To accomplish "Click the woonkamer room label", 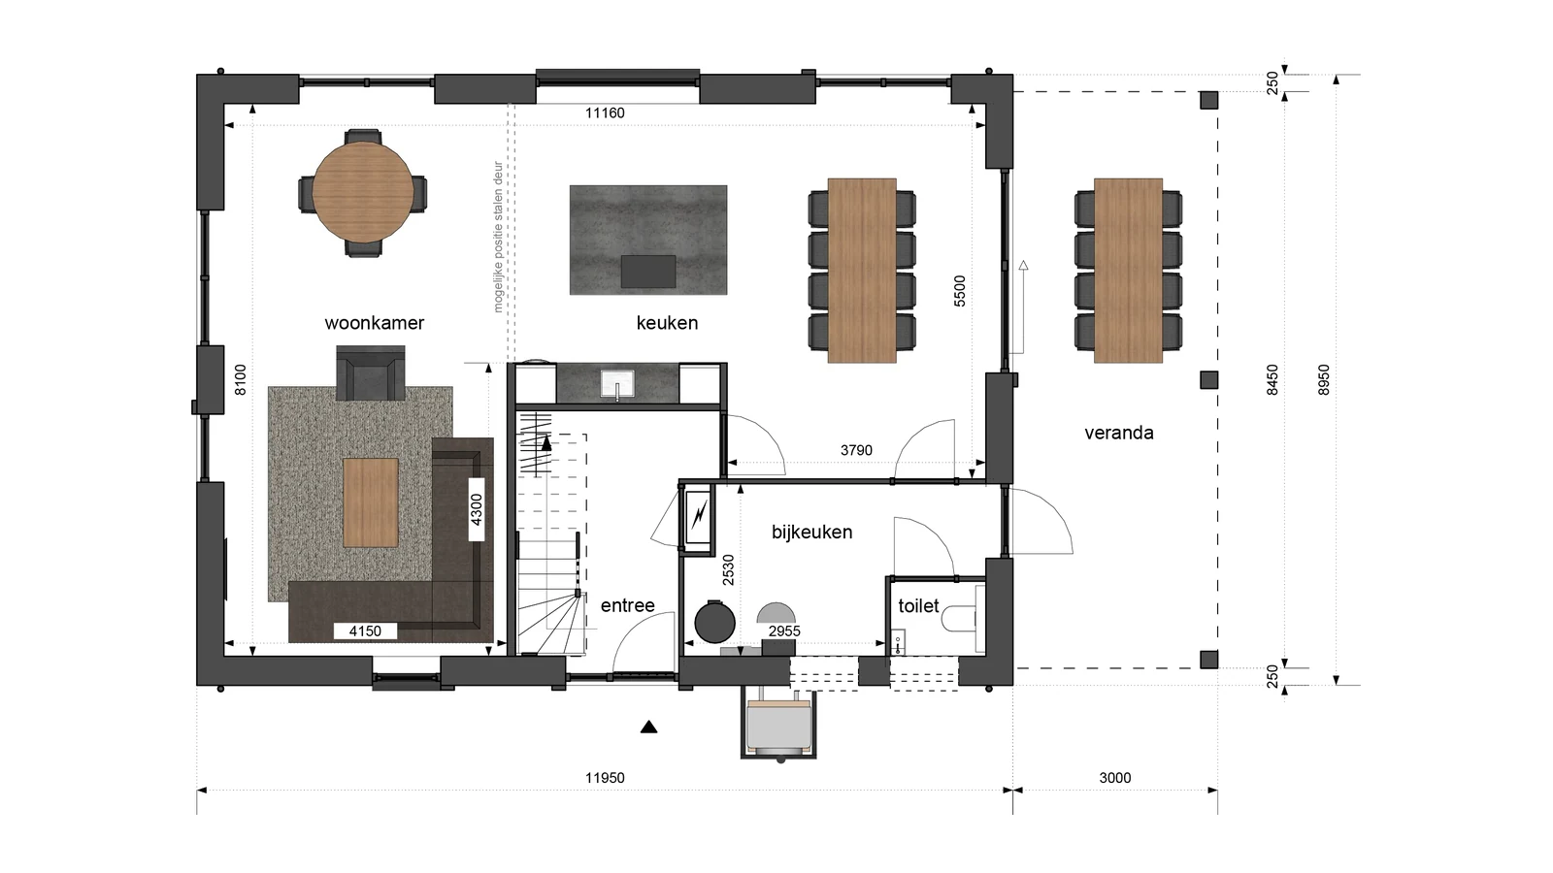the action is [x=375, y=323].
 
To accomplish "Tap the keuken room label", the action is [x=667, y=323].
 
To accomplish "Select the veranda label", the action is [x=1119, y=433].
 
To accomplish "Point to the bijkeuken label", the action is [x=811, y=533].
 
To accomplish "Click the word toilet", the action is [x=918, y=606].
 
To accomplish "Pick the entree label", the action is [x=627, y=606].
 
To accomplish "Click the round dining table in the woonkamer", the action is [x=363, y=192].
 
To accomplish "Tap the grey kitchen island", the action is [x=648, y=240].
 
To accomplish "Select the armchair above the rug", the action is [x=370, y=372].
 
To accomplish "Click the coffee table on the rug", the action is [x=370, y=502].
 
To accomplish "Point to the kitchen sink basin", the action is [x=617, y=384].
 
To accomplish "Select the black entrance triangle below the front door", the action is [x=648, y=727].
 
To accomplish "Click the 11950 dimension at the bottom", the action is [x=605, y=778].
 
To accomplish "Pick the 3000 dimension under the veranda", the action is [x=1115, y=778].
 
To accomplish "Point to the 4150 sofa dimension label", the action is [x=365, y=631].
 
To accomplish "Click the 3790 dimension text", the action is [x=856, y=450].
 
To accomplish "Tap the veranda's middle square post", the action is [x=1209, y=379].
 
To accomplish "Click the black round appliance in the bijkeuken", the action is [x=714, y=622].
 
